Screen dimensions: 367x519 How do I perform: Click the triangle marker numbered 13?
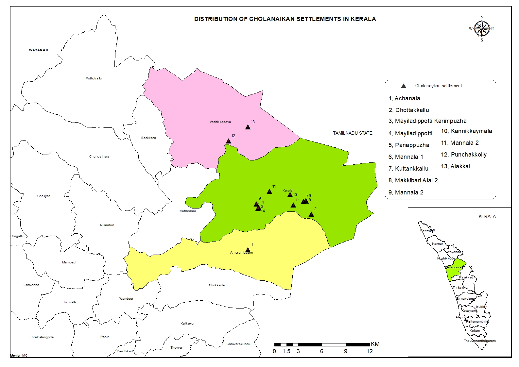[x=248, y=127]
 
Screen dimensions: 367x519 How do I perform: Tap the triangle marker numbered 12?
[x=229, y=141]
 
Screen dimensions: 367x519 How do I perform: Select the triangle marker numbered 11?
[x=269, y=192]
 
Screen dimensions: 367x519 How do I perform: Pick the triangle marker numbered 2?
[x=311, y=214]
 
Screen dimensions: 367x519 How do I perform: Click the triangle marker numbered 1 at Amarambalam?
[x=248, y=250]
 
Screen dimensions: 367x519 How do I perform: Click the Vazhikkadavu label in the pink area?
[x=220, y=122]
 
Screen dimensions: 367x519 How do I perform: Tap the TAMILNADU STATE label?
[x=353, y=133]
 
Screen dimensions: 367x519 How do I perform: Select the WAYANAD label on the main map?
[x=39, y=50]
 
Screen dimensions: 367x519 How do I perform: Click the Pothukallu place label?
[x=94, y=78]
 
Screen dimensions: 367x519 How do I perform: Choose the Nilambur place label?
[x=107, y=225]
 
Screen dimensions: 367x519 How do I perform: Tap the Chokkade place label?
[x=216, y=285]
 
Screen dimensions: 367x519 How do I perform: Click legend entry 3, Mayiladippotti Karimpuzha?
[x=427, y=121]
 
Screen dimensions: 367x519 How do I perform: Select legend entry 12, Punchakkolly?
[x=463, y=155]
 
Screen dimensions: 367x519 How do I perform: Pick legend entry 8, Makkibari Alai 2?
[x=413, y=180]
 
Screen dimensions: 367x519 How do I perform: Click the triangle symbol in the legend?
[x=404, y=86]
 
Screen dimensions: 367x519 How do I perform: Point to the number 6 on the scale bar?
[x=322, y=351]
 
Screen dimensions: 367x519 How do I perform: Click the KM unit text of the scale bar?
[x=375, y=344]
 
